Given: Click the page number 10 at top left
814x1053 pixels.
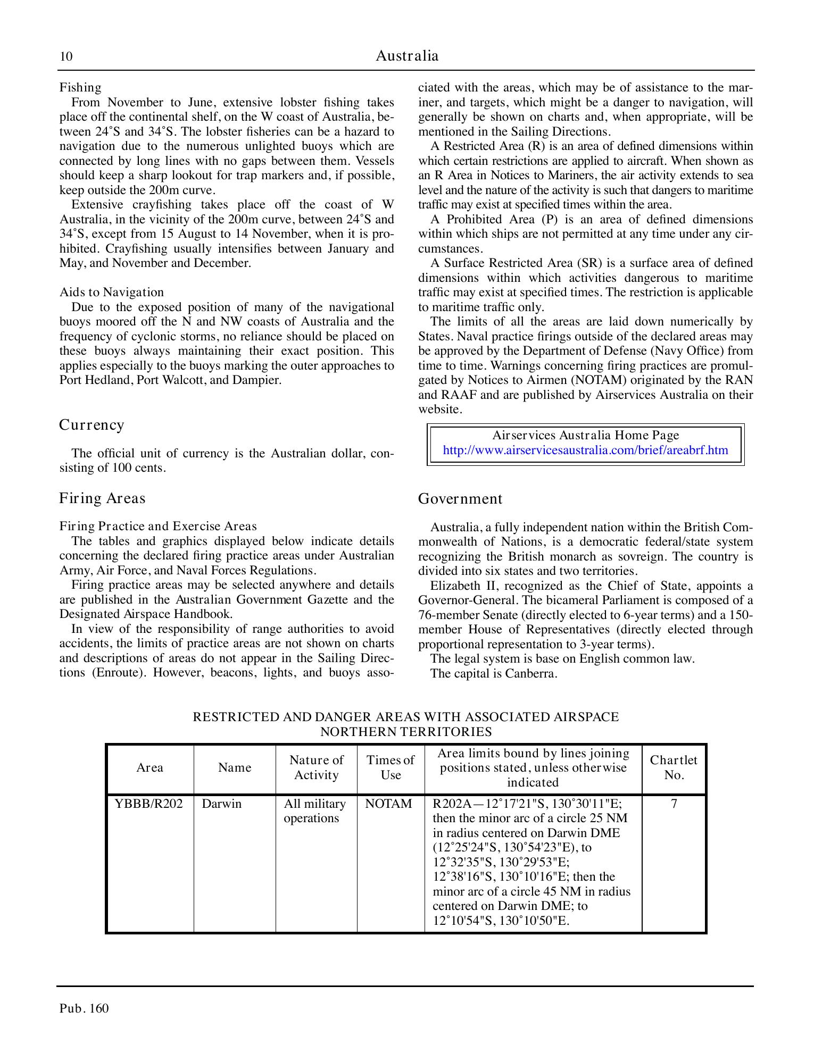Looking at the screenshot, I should click(x=66, y=57).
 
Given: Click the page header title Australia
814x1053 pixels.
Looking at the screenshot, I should click(x=407, y=56).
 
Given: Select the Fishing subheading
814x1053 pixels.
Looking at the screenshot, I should click(x=80, y=87).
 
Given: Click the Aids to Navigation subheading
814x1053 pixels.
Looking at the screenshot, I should click(x=112, y=292).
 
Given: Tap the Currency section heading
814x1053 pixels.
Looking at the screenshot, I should click(x=92, y=425).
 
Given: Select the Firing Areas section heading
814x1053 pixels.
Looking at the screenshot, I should click(x=102, y=498).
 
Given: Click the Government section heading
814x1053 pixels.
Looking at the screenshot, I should click(x=460, y=499).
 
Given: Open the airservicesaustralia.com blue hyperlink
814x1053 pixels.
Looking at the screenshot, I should click(x=585, y=450).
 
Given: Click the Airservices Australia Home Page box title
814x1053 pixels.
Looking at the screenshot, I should click(x=585, y=435).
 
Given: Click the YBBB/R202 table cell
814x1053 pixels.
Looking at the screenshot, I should click(x=149, y=804).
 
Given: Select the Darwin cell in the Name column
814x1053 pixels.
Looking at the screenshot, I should click(x=221, y=804).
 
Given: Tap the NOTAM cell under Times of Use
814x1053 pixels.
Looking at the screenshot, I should click(x=389, y=804).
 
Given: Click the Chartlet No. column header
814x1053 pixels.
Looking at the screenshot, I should click(x=674, y=767).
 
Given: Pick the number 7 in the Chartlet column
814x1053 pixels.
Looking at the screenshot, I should click(x=674, y=804).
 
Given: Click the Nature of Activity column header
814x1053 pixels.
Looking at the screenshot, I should click(x=316, y=767).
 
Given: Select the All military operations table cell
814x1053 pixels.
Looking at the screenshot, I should click(x=314, y=811).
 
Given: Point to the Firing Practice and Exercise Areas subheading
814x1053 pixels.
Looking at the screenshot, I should click(x=158, y=526).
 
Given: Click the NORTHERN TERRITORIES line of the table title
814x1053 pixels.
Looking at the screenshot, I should click(x=406, y=732).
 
